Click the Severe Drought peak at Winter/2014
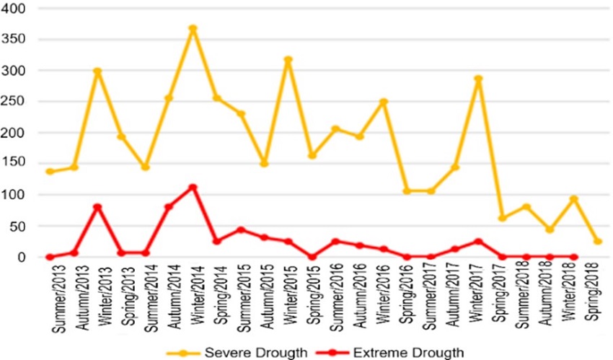point(193,29)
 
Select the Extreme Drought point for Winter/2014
point(193,188)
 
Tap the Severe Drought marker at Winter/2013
point(97,71)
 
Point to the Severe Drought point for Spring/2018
point(598,241)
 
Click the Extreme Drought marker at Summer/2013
point(50,257)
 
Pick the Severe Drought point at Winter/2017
point(478,79)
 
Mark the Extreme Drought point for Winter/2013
point(97,207)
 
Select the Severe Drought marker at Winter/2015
point(288,60)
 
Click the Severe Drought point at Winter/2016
point(383,102)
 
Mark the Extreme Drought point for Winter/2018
point(574,257)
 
